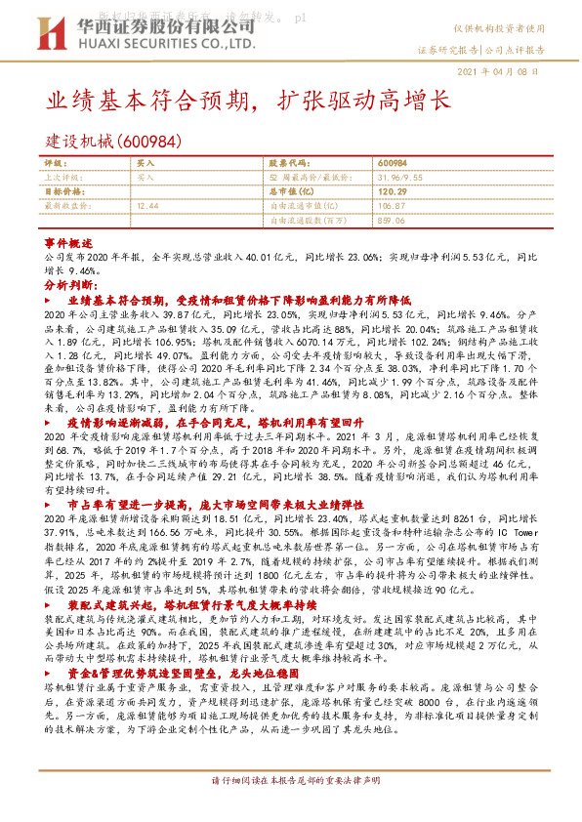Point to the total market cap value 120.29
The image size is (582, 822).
point(391,192)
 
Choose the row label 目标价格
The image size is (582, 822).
point(62,192)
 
